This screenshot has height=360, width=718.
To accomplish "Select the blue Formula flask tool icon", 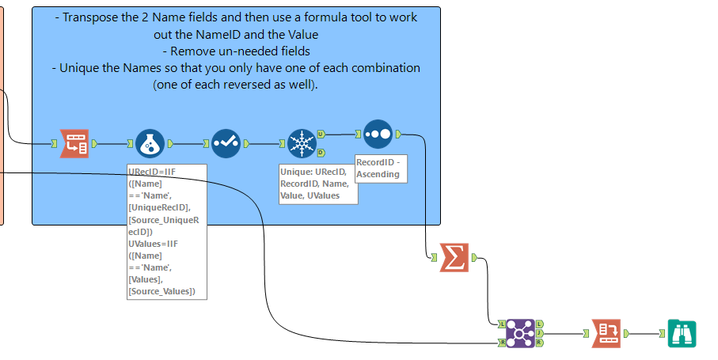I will (x=150, y=144).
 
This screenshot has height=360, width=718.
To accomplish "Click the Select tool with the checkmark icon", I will (x=226, y=144).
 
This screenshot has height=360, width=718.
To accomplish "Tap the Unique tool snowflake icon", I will (x=302, y=144).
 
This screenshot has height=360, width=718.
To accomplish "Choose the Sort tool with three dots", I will (x=378, y=134).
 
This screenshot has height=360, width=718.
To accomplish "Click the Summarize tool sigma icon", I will (x=454, y=258).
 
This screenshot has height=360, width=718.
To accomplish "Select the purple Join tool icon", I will (x=520, y=333).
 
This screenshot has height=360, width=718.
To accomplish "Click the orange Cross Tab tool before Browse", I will (x=606, y=333).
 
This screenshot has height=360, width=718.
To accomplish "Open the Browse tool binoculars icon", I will (x=682, y=333).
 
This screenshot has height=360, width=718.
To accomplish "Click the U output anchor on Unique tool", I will (x=321, y=135).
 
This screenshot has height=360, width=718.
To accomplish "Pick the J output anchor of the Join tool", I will (x=539, y=333).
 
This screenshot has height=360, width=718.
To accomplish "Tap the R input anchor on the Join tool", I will (x=502, y=343).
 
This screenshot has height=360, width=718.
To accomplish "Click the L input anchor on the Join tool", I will (x=502, y=324).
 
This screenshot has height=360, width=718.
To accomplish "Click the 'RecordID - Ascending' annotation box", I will (x=380, y=169).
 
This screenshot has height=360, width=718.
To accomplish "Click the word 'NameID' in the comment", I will (x=254, y=34).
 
